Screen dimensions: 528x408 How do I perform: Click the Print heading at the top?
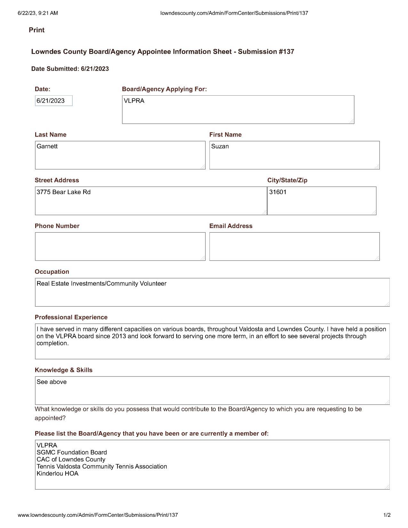36,30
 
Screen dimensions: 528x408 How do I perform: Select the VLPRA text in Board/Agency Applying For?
134,101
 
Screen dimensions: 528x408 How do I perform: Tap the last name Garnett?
47,146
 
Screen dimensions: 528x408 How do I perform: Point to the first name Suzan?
220,146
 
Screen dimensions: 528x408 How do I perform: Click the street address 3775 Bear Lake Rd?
63,192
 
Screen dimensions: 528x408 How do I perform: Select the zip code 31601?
278,192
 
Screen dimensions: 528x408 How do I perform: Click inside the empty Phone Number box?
120,246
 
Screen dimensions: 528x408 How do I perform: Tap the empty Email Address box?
294,246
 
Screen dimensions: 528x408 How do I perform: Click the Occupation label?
52,272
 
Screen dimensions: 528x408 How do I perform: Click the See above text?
52,382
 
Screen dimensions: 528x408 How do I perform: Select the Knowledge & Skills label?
63,370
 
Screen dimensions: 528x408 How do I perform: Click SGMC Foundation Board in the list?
72,452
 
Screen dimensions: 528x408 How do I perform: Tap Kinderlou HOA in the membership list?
57,473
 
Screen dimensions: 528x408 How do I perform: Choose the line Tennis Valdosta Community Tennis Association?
102,466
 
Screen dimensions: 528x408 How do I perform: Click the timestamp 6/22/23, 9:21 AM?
38,13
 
